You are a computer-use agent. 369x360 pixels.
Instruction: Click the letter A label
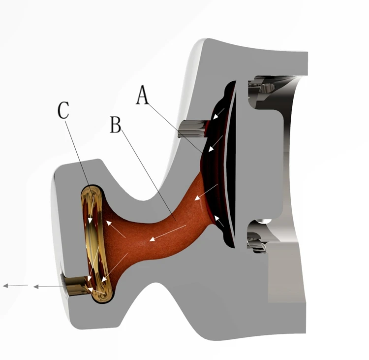(142, 94)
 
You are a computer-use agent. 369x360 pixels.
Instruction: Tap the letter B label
(116, 125)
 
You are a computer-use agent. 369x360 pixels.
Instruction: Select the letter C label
(63, 111)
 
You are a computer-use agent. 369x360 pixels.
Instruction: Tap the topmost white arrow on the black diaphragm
(219, 113)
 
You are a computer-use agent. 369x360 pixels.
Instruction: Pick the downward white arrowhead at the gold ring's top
(91, 214)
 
